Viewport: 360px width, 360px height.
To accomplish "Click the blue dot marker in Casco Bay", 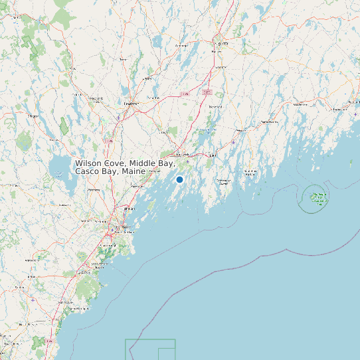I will pyautogui.click(x=179, y=179).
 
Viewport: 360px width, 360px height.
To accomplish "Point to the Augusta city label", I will pyautogui.click(x=222, y=43).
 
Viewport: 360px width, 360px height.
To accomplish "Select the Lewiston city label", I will pyautogui.click(x=131, y=104).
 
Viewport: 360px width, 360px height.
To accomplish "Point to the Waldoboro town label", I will pyautogui.click(x=300, y=104).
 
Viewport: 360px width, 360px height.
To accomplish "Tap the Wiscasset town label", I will pyautogui.click(x=238, y=131).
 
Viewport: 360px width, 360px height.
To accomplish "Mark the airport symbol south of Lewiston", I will pyautogui.click(x=119, y=118).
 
